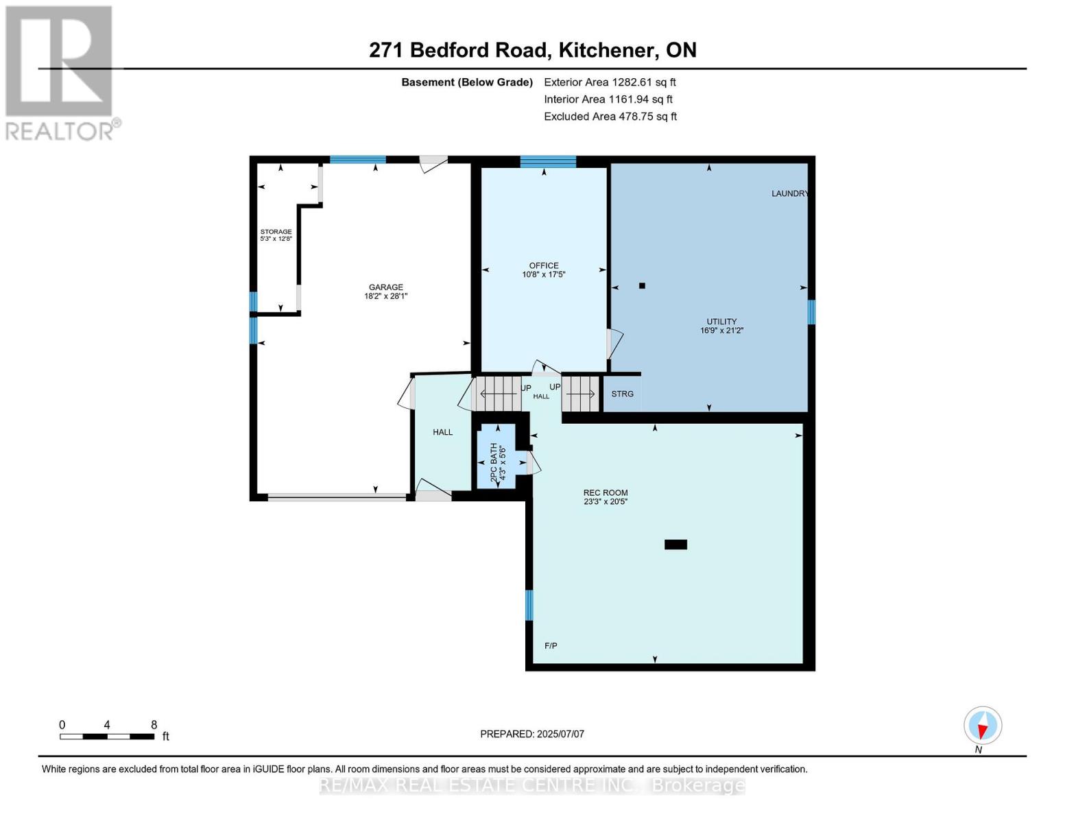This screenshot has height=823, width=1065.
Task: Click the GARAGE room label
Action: pos(385,288)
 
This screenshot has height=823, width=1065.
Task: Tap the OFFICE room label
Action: pos(543,266)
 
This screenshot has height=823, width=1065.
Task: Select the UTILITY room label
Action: pos(721,322)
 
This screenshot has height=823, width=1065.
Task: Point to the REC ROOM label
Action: pos(606,493)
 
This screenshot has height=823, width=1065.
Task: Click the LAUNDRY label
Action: pos(789,193)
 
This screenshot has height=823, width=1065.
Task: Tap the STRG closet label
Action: pos(622,394)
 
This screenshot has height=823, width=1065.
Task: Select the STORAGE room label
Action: pos(276,232)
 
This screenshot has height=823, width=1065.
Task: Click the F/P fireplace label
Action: pos(551,645)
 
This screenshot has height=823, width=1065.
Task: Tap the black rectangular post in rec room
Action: pos(675,545)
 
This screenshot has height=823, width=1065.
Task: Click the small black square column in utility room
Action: pos(642,286)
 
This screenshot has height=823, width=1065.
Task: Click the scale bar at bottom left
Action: pos(107,737)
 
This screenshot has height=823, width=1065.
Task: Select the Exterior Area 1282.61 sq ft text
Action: pos(610,82)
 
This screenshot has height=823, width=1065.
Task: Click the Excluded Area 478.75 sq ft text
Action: pos(610,117)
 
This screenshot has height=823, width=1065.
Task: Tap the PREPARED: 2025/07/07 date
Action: pos(532,734)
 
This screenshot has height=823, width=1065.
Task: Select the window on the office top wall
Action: pos(547,162)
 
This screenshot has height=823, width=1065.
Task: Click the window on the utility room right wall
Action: pos(811,312)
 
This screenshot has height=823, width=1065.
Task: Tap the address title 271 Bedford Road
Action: pos(532,50)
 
